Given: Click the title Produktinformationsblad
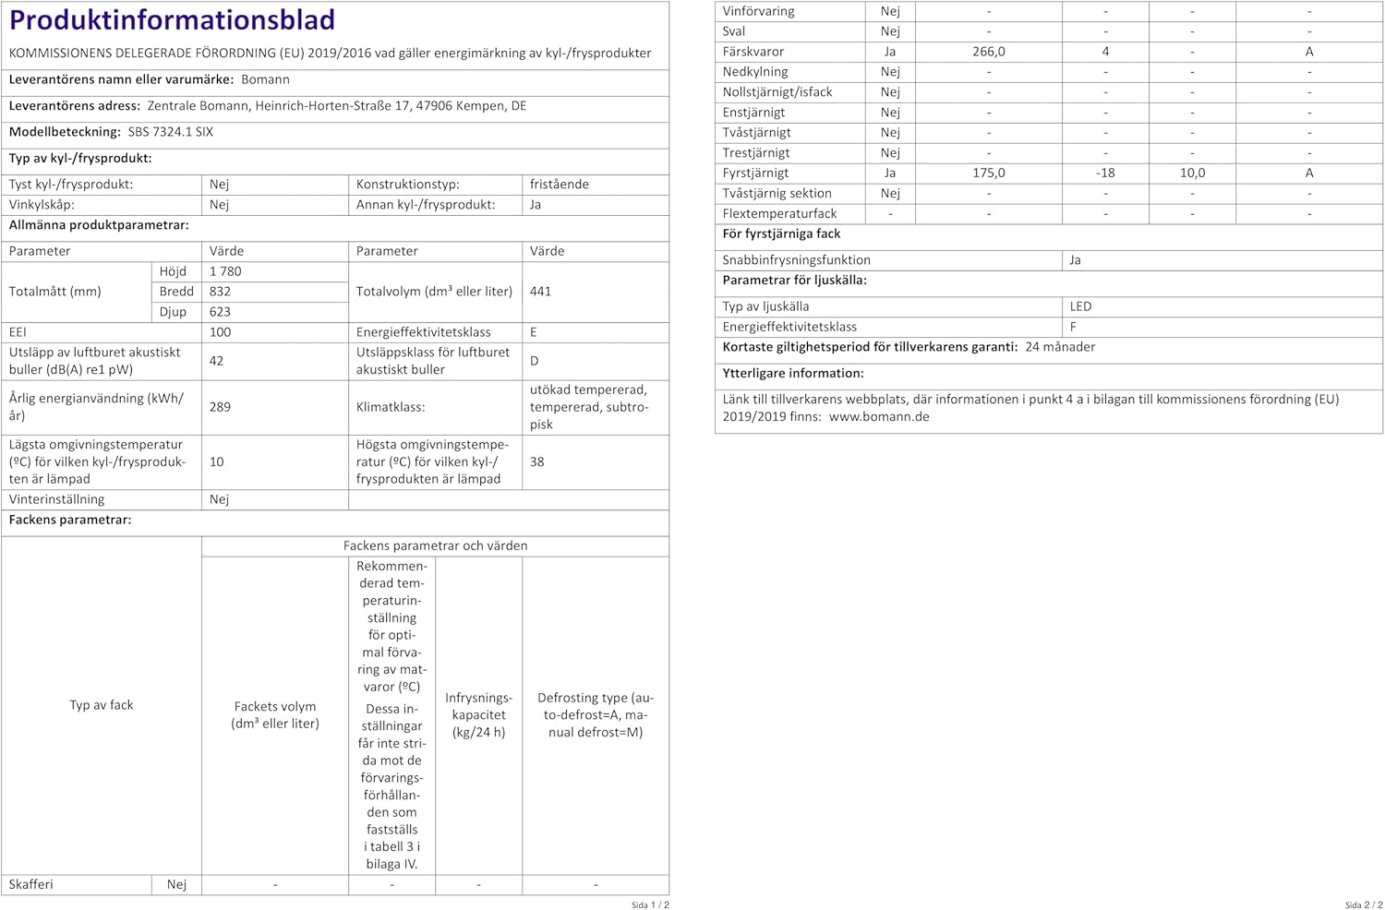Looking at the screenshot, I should point(172,19).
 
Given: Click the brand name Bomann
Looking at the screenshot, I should point(265,79).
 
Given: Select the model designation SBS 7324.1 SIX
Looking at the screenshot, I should point(171,132).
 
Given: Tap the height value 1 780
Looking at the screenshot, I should point(225,271).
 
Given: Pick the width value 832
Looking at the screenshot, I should point(220,292).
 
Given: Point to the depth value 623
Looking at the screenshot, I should point(220,312).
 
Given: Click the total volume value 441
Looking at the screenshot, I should point(540,292).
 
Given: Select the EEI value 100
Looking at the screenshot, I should point(220,332).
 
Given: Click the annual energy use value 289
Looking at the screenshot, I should point(220,407).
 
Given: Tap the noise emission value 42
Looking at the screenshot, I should point(216,361).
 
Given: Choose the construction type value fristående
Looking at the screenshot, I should point(560,185).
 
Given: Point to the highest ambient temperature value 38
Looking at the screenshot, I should point(536,461).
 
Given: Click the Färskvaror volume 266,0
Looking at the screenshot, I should point(988,52).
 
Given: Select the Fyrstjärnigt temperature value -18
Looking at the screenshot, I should point(1105,173).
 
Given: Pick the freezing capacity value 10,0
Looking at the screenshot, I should point(1192,173).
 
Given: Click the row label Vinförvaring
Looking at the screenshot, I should point(758,11).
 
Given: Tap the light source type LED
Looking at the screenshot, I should point(1080,306).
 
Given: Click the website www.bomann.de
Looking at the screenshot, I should point(879,416).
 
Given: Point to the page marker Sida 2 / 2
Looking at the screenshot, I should point(1363,904).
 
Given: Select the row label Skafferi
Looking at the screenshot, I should point(31,884).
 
